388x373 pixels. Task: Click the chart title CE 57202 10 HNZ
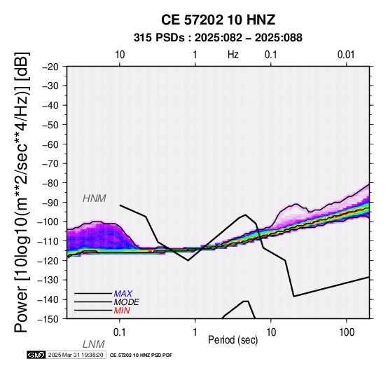(218, 20)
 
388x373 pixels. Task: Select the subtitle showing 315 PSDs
(218, 38)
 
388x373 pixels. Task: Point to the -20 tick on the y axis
(50, 67)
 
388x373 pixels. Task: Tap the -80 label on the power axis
(50, 183)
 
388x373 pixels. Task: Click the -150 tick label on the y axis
(48, 319)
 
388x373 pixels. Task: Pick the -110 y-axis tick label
(48, 241)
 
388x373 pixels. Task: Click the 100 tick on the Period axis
(347, 332)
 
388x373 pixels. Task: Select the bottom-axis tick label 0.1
(120, 332)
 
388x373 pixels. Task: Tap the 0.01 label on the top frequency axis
(346, 55)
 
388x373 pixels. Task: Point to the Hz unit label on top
(233, 55)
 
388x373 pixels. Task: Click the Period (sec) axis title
(233, 340)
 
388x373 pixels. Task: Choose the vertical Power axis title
(22, 192)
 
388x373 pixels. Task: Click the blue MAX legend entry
(123, 294)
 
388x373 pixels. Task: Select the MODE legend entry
(127, 302)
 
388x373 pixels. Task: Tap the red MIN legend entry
(122, 311)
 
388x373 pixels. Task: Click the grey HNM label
(95, 198)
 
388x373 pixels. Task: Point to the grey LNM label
(94, 344)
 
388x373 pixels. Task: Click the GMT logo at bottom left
(36, 355)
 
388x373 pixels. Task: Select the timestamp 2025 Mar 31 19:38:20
(76, 355)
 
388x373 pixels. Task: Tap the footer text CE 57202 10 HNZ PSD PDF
(141, 355)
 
